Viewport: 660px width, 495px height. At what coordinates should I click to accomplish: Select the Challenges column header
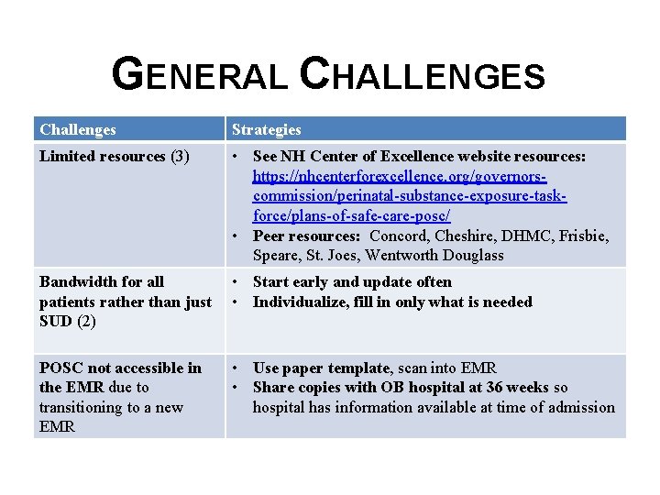tap(78, 129)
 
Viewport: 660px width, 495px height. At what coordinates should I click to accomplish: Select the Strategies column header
tap(266, 129)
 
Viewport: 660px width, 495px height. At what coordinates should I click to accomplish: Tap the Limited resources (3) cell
tap(114, 156)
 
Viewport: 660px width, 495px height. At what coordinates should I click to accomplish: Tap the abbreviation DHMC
tap(522, 236)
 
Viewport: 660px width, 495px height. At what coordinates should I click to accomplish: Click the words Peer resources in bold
tap(306, 236)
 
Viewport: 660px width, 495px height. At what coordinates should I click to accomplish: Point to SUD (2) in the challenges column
tap(68, 322)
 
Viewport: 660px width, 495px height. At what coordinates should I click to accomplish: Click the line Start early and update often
tap(352, 281)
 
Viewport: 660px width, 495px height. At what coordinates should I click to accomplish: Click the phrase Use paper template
tap(321, 368)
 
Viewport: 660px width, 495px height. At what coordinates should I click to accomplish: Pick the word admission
tap(579, 407)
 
